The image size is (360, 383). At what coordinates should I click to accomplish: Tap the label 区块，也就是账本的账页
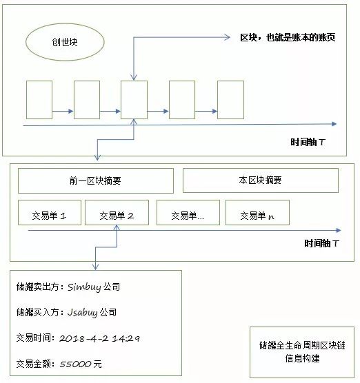288,38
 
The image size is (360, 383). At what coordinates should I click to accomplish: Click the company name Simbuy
84,287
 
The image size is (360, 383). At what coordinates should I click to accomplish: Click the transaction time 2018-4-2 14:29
99,338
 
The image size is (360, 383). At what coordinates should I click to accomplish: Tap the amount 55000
75,364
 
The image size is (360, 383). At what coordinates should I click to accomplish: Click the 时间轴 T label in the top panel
308,142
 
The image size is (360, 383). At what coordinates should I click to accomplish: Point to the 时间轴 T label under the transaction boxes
321,243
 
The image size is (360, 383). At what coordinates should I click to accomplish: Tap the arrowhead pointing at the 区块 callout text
228,37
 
